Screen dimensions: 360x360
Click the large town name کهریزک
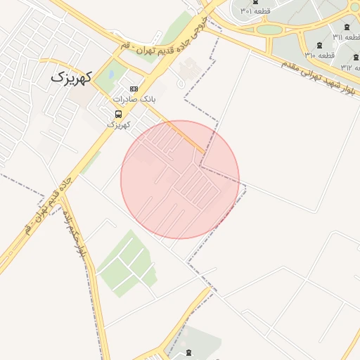(72, 77)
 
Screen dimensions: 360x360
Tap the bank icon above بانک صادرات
(134, 89)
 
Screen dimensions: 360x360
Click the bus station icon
(118, 113)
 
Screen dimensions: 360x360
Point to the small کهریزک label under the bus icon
(120, 124)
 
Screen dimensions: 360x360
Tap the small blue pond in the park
(110, 73)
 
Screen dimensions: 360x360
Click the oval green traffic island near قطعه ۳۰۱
(269, 30)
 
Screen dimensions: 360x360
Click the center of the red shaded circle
(180, 180)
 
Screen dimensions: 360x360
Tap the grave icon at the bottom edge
(188, 351)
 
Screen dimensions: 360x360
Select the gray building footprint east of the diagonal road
(188, 70)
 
